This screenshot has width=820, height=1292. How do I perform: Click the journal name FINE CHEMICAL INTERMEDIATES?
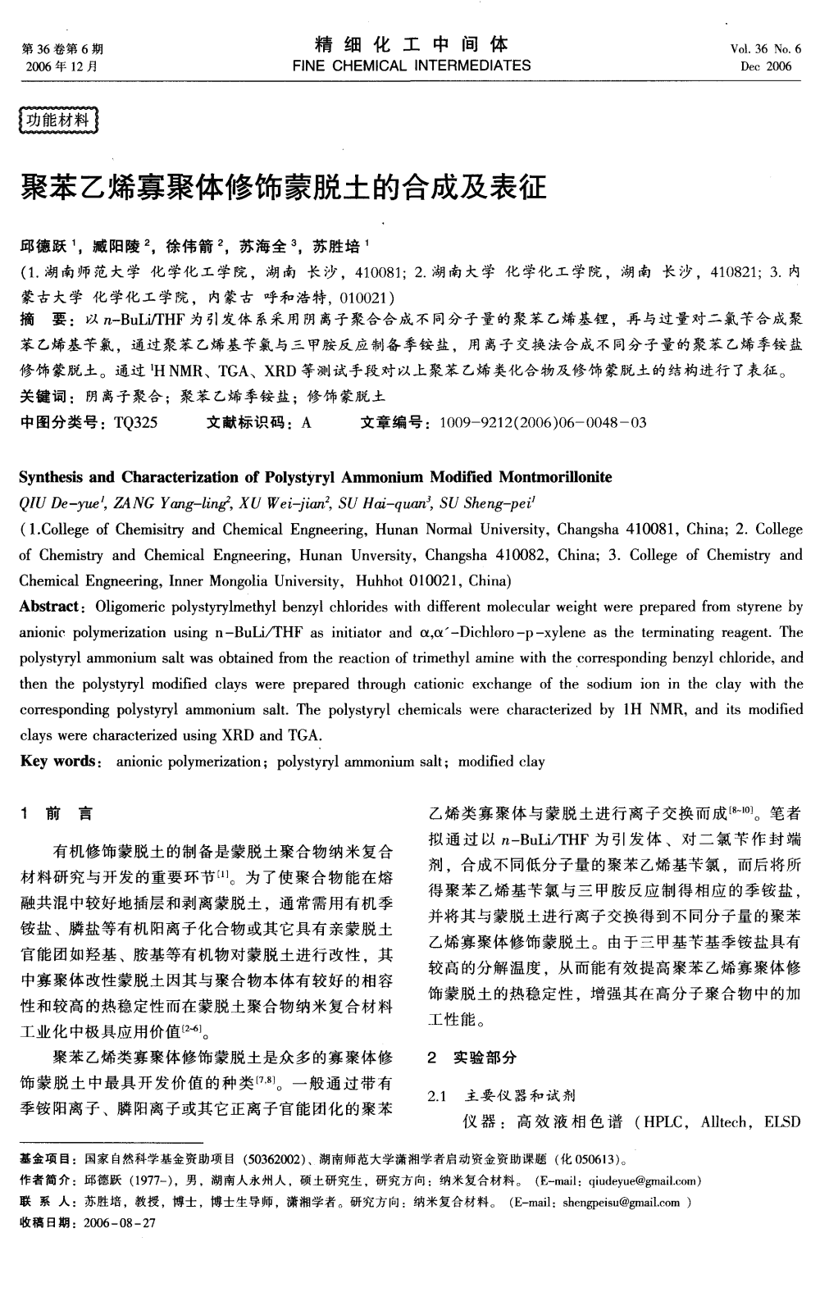click(x=411, y=66)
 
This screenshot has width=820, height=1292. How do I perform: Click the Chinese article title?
click(x=282, y=189)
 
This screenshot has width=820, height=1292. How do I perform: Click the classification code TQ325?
click(x=136, y=423)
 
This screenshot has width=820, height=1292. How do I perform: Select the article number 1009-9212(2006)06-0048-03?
click(x=543, y=423)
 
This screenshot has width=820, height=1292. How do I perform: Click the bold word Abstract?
click(x=50, y=607)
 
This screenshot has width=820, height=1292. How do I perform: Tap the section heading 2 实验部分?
click(x=472, y=1058)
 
